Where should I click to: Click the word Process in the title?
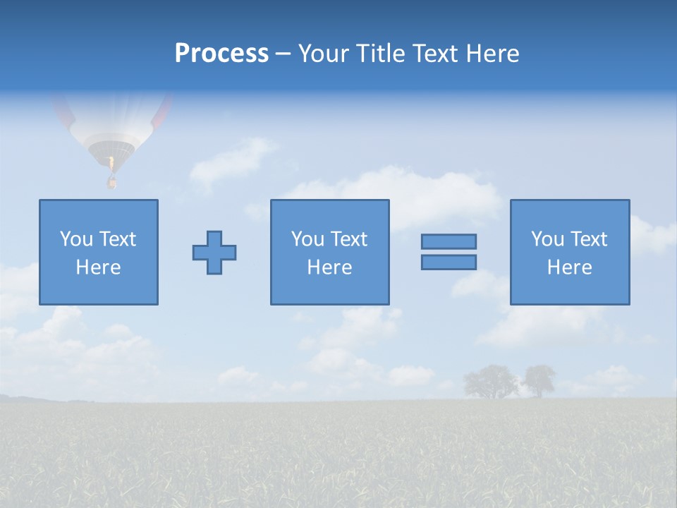(221, 54)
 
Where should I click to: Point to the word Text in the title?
(437, 54)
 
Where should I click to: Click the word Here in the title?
(493, 54)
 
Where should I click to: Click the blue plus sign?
(214, 253)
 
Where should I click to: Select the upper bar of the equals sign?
(449, 241)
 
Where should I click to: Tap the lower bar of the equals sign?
(449, 262)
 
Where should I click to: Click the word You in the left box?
(76, 239)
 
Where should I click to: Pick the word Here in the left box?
(98, 267)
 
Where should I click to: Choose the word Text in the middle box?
(349, 239)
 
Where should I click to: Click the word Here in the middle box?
(329, 267)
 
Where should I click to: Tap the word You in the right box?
(547, 239)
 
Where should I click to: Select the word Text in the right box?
(589, 239)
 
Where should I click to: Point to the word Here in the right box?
(569, 267)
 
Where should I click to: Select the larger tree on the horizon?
(490, 381)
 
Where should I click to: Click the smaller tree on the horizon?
(539, 380)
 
